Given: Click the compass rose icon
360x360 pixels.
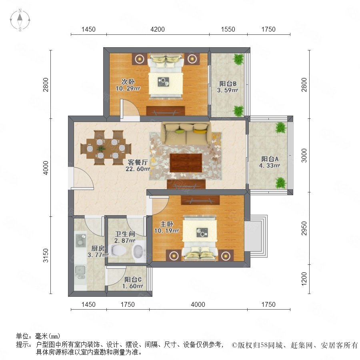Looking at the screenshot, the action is (x=20, y=20).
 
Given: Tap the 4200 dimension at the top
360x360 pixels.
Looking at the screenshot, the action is (x=158, y=29).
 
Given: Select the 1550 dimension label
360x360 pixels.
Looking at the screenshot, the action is (x=228, y=29).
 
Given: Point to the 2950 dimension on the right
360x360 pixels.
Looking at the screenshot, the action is (x=304, y=228).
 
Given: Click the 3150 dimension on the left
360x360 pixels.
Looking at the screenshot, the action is (x=46, y=255).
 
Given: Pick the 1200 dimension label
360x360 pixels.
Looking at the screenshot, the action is (x=304, y=279).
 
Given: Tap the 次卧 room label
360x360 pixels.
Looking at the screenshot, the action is (x=128, y=82).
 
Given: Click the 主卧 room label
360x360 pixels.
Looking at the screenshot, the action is (x=166, y=224).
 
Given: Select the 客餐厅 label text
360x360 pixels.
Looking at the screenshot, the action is (x=138, y=162).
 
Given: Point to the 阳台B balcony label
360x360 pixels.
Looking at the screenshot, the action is (x=228, y=84).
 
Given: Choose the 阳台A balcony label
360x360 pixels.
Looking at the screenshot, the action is (x=270, y=159).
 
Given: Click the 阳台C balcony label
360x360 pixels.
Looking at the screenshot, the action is (x=133, y=280).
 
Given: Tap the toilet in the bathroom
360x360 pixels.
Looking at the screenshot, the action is (x=118, y=250).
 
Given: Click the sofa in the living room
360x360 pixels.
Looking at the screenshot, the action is (x=186, y=133).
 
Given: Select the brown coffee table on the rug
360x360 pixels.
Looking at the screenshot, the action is (x=186, y=163).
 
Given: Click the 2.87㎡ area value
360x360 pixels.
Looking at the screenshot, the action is (x=125, y=240).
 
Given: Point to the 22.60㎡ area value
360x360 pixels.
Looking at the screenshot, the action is (x=138, y=169).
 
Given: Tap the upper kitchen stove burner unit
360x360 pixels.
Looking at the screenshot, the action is (x=81, y=240).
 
